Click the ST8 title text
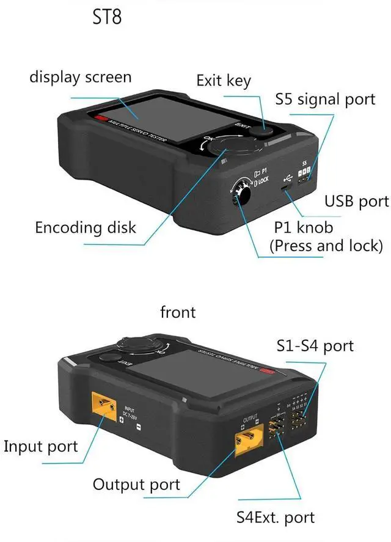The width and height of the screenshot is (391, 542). [x=106, y=16]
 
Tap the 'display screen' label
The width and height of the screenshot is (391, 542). [x=80, y=78]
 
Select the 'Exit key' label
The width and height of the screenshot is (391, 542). [x=224, y=80]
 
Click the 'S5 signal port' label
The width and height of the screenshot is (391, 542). [x=325, y=99]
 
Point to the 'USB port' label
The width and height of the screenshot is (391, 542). [x=356, y=201]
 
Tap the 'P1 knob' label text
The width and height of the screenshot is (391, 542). [x=304, y=227]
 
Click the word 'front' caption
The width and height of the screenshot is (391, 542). [x=178, y=312]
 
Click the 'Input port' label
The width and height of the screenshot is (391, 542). [x=41, y=446]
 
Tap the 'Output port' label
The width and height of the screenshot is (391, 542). [x=136, y=485]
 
